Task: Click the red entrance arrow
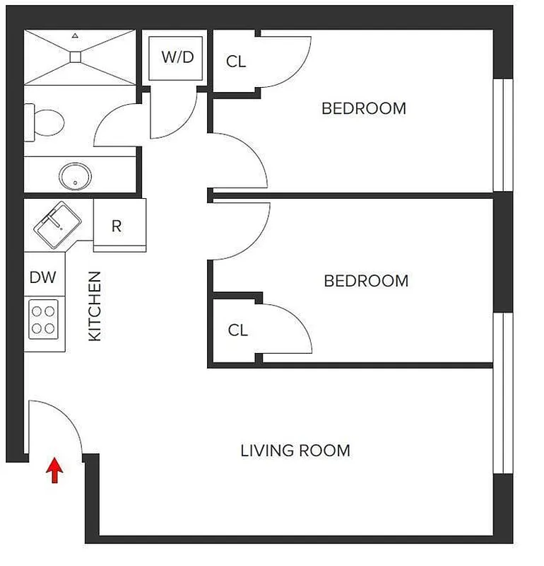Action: click(54, 471)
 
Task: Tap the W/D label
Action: click(177, 57)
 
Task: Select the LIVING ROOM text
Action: click(295, 451)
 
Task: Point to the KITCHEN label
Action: click(95, 306)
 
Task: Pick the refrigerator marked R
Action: click(117, 226)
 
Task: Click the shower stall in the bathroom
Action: click(79, 57)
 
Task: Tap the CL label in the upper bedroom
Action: click(236, 62)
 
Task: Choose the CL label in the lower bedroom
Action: click(238, 330)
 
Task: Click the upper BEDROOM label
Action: click(364, 109)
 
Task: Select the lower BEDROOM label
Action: click(366, 281)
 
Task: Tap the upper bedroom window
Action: click(502, 134)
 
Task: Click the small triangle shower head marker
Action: click(75, 35)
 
